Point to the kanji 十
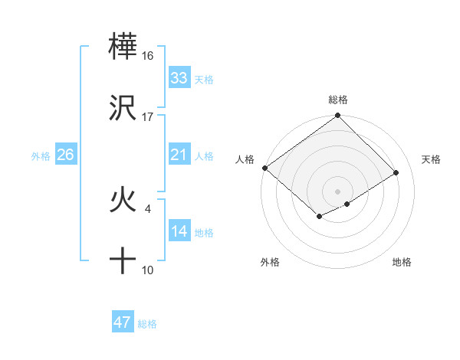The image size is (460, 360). (123, 261)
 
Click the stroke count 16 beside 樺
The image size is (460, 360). (148, 56)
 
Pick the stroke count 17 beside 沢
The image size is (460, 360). (148, 117)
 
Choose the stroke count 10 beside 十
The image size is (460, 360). (148, 270)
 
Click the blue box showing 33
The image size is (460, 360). (179, 78)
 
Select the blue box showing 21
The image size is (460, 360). (179, 155)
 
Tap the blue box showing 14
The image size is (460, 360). (179, 231)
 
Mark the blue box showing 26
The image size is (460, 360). (66, 155)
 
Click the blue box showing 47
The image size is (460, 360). (123, 322)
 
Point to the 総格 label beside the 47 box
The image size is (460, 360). (147, 324)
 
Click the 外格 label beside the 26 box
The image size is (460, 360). (41, 156)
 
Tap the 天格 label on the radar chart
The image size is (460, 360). (432, 159)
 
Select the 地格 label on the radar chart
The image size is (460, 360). (402, 262)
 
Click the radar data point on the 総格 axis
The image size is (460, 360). (337, 116)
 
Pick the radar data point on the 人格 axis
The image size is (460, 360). (264, 168)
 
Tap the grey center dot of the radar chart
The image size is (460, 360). (337, 191)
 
